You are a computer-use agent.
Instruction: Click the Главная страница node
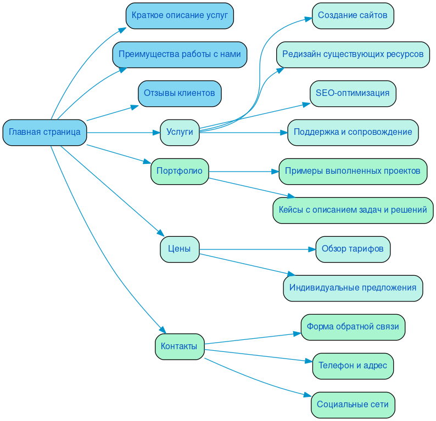click(x=44, y=132)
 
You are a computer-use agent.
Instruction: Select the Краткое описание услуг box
click(x=180, y=15)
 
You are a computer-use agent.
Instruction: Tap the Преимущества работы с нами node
click(x=180, y=54)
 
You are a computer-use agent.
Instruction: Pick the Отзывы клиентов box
click(x=180, y=93)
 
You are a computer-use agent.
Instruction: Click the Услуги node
click(x=180, y=132)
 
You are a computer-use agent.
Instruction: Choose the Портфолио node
click(x=180, y=171)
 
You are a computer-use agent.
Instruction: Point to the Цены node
click(x=180, y=249)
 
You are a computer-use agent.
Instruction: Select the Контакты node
click(x=180, y=346)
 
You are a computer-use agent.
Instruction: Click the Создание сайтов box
click(x=353, y=15)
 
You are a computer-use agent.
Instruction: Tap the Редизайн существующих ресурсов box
click(x=353, y=54)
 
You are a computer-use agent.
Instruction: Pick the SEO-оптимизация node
click(x=353, y=93)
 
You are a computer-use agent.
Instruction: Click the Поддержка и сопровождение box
click(x=353, y=132)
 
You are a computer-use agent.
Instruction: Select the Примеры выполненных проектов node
click(x=353, y=171)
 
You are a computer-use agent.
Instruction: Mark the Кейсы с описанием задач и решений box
click(x=353, y=210)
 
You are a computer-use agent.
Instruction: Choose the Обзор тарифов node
click(x=353, y=249)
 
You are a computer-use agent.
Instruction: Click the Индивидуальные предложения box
click(x=353, y=288)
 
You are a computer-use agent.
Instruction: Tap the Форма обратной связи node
click(x=353, y=327)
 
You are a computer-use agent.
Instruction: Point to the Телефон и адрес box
click(x=353, y=366)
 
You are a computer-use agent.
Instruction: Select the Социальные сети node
click(x=353, y=405)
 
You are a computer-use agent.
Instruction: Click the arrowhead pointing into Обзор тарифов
click(x=312, y=249)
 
